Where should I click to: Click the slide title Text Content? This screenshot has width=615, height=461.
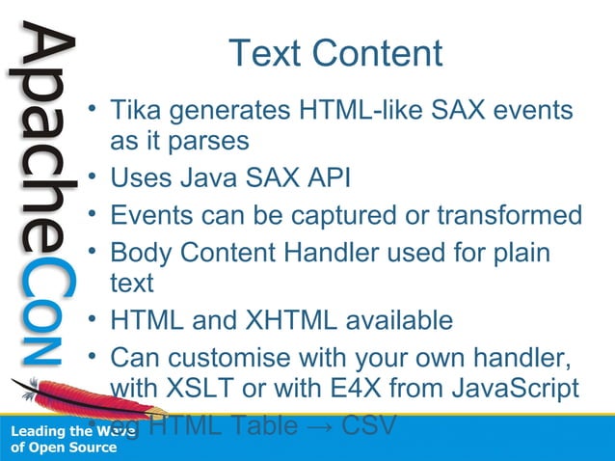(x=335, y=54)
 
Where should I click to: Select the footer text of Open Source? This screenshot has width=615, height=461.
(x=63, y=447)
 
